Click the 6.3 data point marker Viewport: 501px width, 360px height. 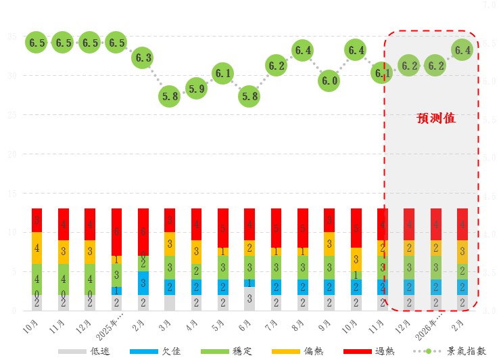143,58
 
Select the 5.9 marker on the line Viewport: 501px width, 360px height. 196,89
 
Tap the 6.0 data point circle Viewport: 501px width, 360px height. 329,81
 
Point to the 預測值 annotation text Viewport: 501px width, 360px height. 435,118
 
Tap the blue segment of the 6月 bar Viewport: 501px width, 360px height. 249,283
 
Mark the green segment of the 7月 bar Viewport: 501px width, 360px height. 276,267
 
